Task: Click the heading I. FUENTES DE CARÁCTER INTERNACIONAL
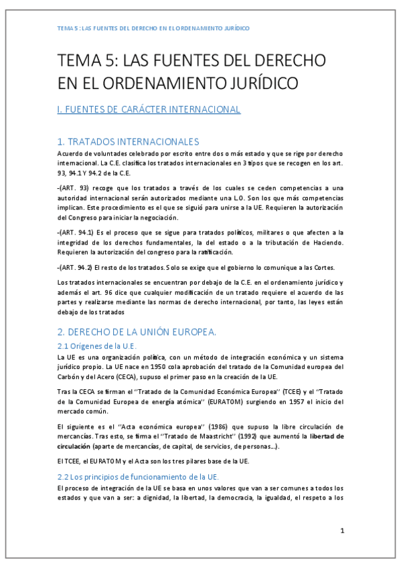pyautogui.click(x=149, y=109)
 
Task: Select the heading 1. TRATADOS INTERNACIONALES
pyautogui.click(x=128, y=142)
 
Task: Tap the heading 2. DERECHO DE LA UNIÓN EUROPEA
pyautogui.click(x=137, y=332)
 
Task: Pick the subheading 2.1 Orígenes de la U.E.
pyautogui.click(x=97, y=346)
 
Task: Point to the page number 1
pyautogui.click(x=341, y=531)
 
